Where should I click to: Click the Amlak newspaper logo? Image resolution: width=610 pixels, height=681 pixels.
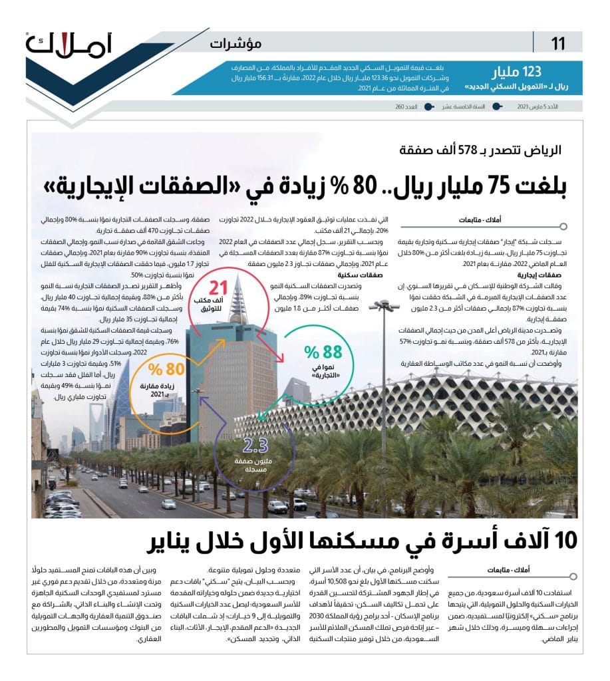[70, 44]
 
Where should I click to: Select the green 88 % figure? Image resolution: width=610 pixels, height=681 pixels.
[323, 352]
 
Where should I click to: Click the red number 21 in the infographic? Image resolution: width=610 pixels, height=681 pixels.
[219, 287]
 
